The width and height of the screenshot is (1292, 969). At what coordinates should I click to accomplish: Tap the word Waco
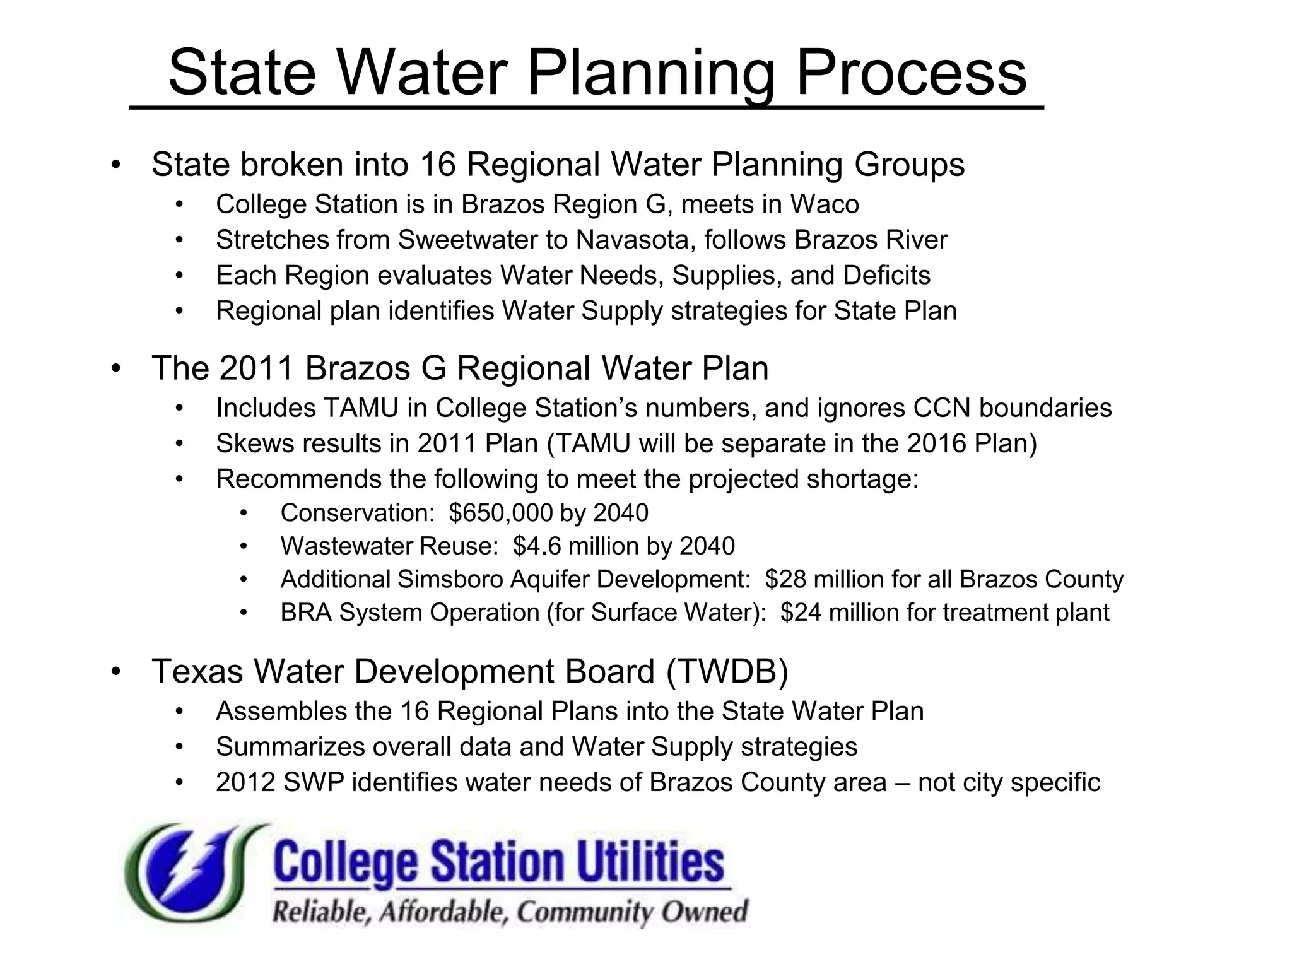point(825,204)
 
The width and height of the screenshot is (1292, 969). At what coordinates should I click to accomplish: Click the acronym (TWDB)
point(727,671)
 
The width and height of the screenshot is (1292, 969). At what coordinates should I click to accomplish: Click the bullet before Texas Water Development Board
point(115,672)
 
